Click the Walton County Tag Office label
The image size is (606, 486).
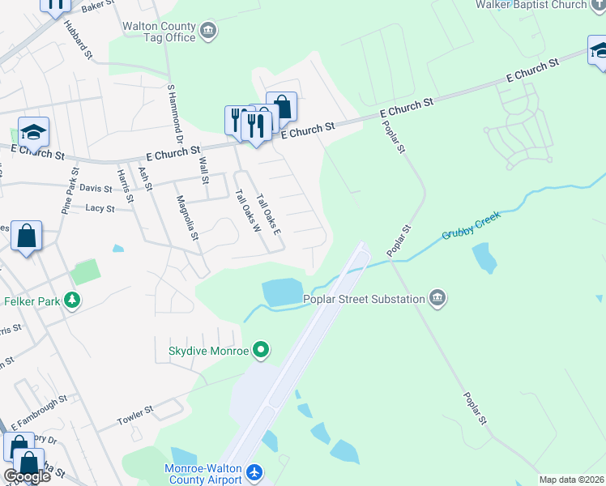[x=159, y=32]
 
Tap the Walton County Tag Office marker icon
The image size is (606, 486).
[x=209, y=32]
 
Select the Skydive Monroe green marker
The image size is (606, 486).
[x=261, y=351]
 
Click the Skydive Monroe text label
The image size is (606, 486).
[x=207, y=351]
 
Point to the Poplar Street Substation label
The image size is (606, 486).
[x=365, y=299]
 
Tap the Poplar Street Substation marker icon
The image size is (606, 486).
[x=438, y=299]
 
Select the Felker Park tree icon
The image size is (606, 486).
[x=73, y=301]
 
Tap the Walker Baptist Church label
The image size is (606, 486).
[x=542, y=5]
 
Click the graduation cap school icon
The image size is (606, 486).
[x=33, y=131]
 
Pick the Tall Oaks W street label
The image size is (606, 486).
[x=245, y=211]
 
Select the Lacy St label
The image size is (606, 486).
[x=100, y=208]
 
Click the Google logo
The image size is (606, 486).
[x=27, y=476]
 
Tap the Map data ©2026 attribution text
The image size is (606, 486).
[x=571, y=480]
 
